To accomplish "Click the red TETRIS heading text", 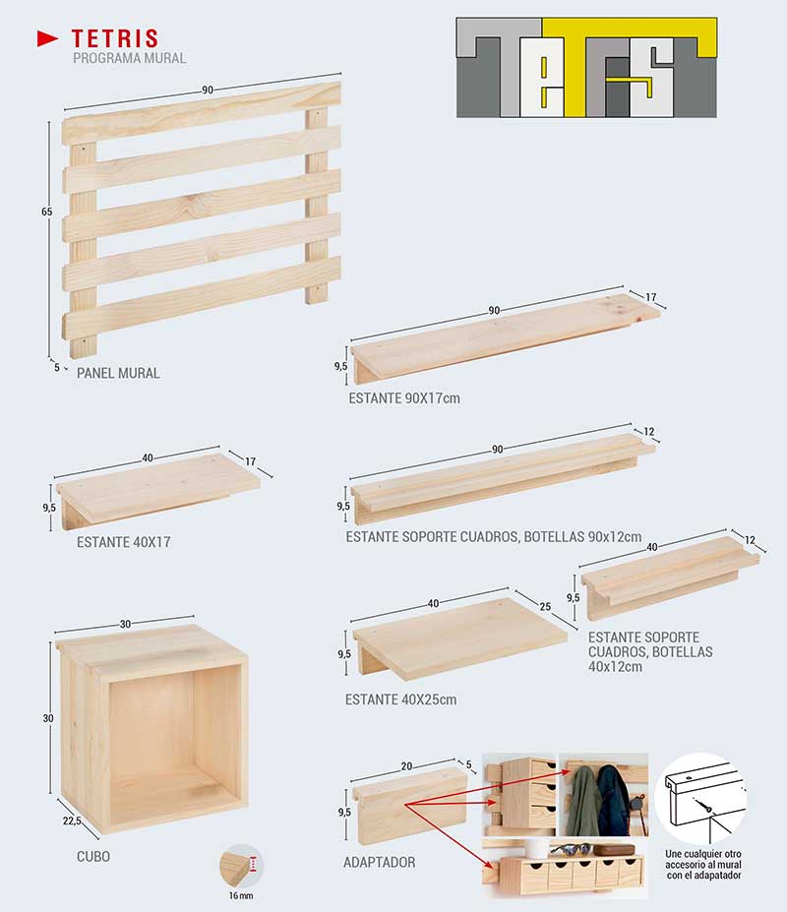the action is coord(114,38).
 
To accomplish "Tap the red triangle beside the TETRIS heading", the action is coord(47,38).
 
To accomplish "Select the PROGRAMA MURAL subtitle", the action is coord(129,58).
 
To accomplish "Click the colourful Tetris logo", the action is coord(586,68).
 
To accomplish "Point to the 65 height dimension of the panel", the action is coord(46,212).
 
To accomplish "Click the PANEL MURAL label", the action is coord(118,373).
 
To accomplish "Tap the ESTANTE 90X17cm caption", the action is coord(404,398).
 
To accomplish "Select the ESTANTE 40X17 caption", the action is coord(124,542).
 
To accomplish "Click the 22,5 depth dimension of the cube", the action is coord(72,821).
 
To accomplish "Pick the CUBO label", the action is coord(93,856).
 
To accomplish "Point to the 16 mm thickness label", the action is coord(241,895).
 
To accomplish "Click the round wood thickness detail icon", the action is coord(241,866).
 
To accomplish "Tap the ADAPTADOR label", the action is coord(380,862).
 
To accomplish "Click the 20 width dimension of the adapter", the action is coord(406,766).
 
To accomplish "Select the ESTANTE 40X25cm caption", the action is coord(400,699).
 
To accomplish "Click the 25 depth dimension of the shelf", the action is coord(545,607).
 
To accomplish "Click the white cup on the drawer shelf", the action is coord(537,849).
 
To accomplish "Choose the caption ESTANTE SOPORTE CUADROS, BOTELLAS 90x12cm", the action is coord(494,536).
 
